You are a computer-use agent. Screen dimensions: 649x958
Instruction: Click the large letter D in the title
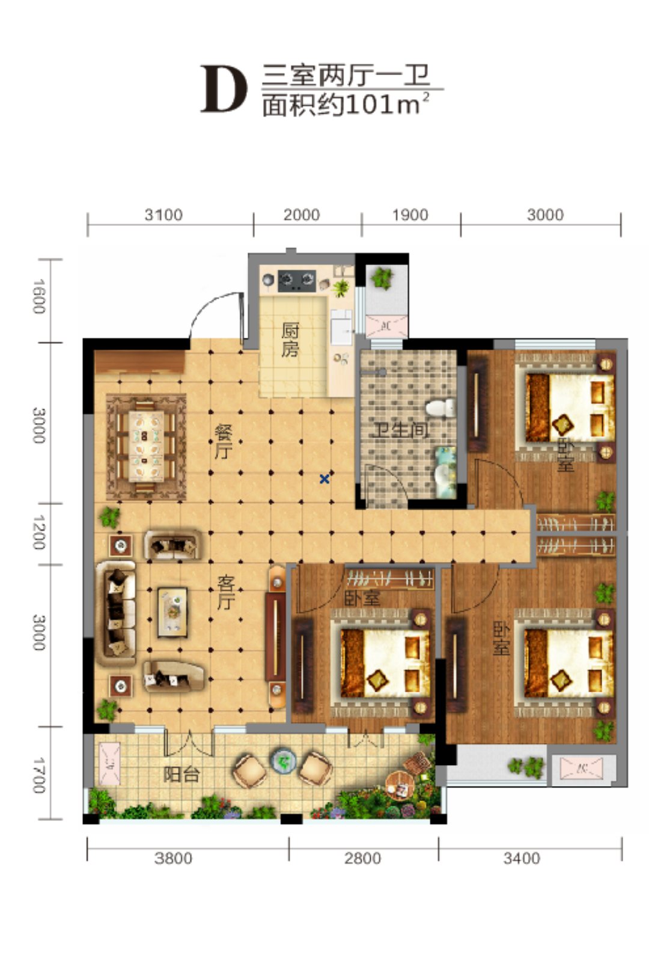click(x=224, y=90)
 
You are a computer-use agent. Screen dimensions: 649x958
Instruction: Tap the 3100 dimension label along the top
click(x=163, y=215)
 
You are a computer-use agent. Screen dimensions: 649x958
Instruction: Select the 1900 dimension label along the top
click(x=410, y=215)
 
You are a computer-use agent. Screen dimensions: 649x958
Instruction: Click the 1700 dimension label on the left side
click(x=39, y=775)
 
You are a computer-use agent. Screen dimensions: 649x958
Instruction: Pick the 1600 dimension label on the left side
click(x=39, y=296)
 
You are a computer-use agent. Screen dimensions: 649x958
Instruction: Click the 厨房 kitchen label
click(x=290, y=340)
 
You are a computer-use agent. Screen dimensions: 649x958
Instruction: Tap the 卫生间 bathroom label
click(x=400, y=430)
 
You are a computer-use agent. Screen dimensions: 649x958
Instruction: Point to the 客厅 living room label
click(x=226, y=593)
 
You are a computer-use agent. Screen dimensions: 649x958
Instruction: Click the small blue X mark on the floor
click(x=324, y=479)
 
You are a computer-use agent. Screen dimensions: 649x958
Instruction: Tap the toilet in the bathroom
click(x=441, y=407)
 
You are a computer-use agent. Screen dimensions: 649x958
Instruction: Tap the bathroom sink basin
click(x=444, y=472)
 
